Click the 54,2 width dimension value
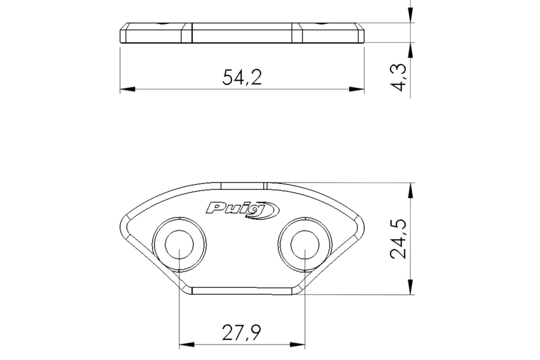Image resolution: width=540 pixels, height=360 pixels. (x=242, y=77)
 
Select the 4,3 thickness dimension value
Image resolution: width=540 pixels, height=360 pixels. (x=400, y=77)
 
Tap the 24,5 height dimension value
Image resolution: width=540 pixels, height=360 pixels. (x=398, y=239)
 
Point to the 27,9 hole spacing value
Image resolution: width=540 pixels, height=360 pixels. (x=242, y=332)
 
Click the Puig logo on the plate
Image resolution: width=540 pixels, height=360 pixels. (x=243, y=210)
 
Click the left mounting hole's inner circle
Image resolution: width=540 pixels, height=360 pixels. (x=179, y=245)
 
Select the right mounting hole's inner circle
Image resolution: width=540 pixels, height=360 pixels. (x=305, y=245)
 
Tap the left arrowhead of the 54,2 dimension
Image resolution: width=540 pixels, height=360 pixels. (x=128, y=89)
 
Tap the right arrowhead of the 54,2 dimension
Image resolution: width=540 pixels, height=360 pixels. (x=357, y=89)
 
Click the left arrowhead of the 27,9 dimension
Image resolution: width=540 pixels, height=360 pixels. (x=187, y=345)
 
